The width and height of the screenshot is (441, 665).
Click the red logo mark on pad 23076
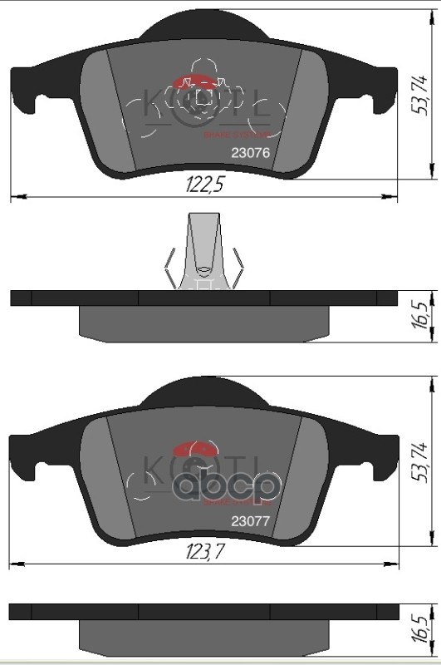(196, 82)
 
